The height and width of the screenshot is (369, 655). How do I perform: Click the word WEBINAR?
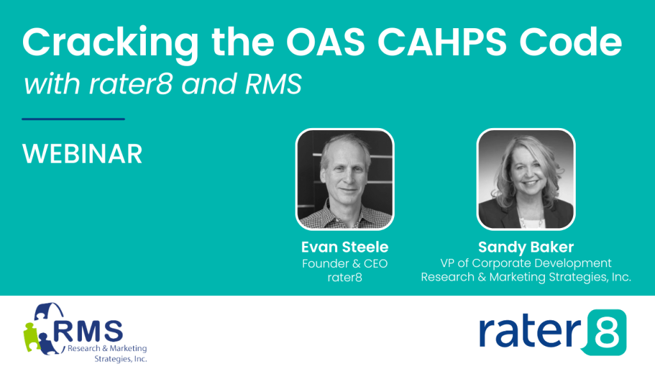(x=82, y=154)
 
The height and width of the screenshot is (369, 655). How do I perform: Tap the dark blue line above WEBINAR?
(x=73, y=119)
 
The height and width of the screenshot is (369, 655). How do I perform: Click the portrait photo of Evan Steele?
(x=344, y=179)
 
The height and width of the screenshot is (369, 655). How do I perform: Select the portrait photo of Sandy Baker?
(x=526, y=179)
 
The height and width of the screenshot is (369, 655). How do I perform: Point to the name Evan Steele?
(x=345, y=247)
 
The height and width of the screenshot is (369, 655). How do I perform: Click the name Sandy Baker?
(x=526, y=247)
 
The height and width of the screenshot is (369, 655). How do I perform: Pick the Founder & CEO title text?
(x=345, y=263)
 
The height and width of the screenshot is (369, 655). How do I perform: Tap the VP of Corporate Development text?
(x=526, y=263)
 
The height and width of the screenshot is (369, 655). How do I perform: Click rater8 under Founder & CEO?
(x=345, y=277)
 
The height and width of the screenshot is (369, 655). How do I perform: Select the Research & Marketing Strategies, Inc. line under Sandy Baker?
(x=526, y=277)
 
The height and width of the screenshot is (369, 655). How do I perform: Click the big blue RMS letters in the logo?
(x=89, y=331)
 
